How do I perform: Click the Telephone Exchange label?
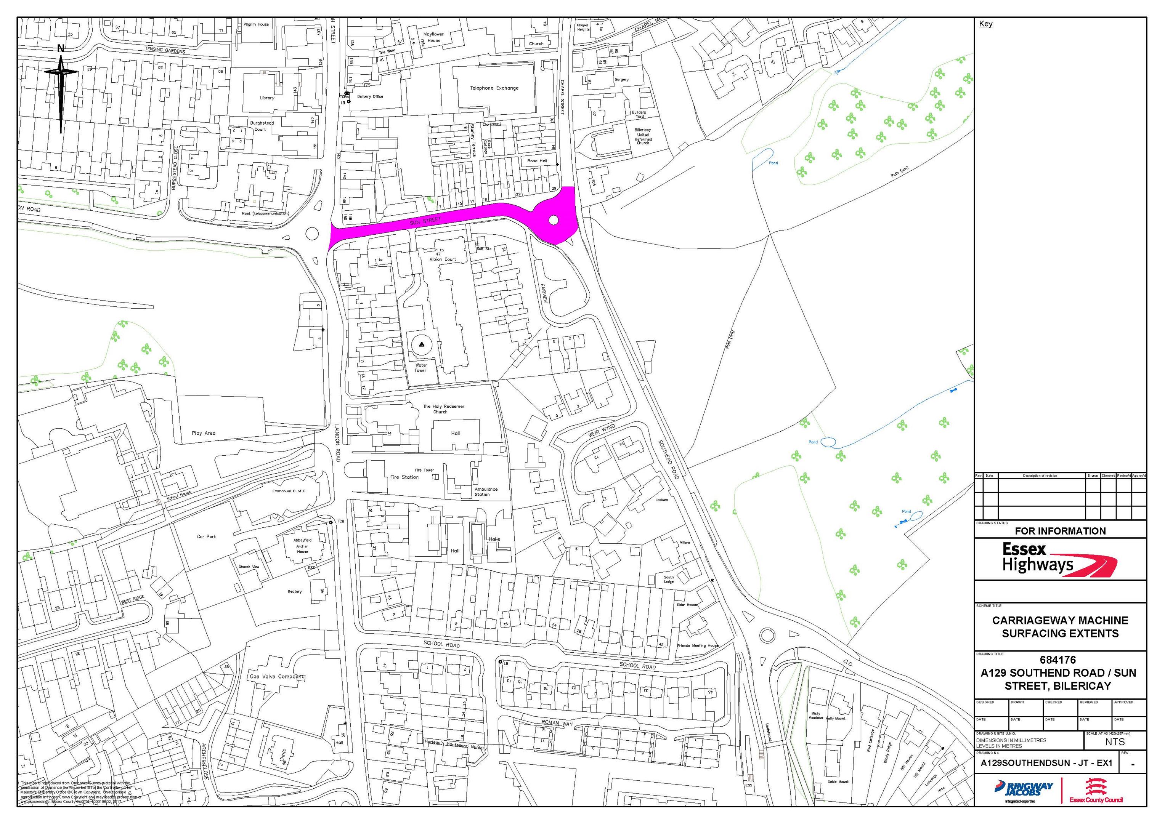click(494, 88)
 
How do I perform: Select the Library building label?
click(267, 98)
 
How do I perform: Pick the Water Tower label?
click(420, 368)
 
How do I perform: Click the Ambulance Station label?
click(486, 492)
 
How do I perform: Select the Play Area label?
click(204, 433)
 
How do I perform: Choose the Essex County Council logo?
click(1096, 791)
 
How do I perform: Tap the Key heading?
click(985, 24)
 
